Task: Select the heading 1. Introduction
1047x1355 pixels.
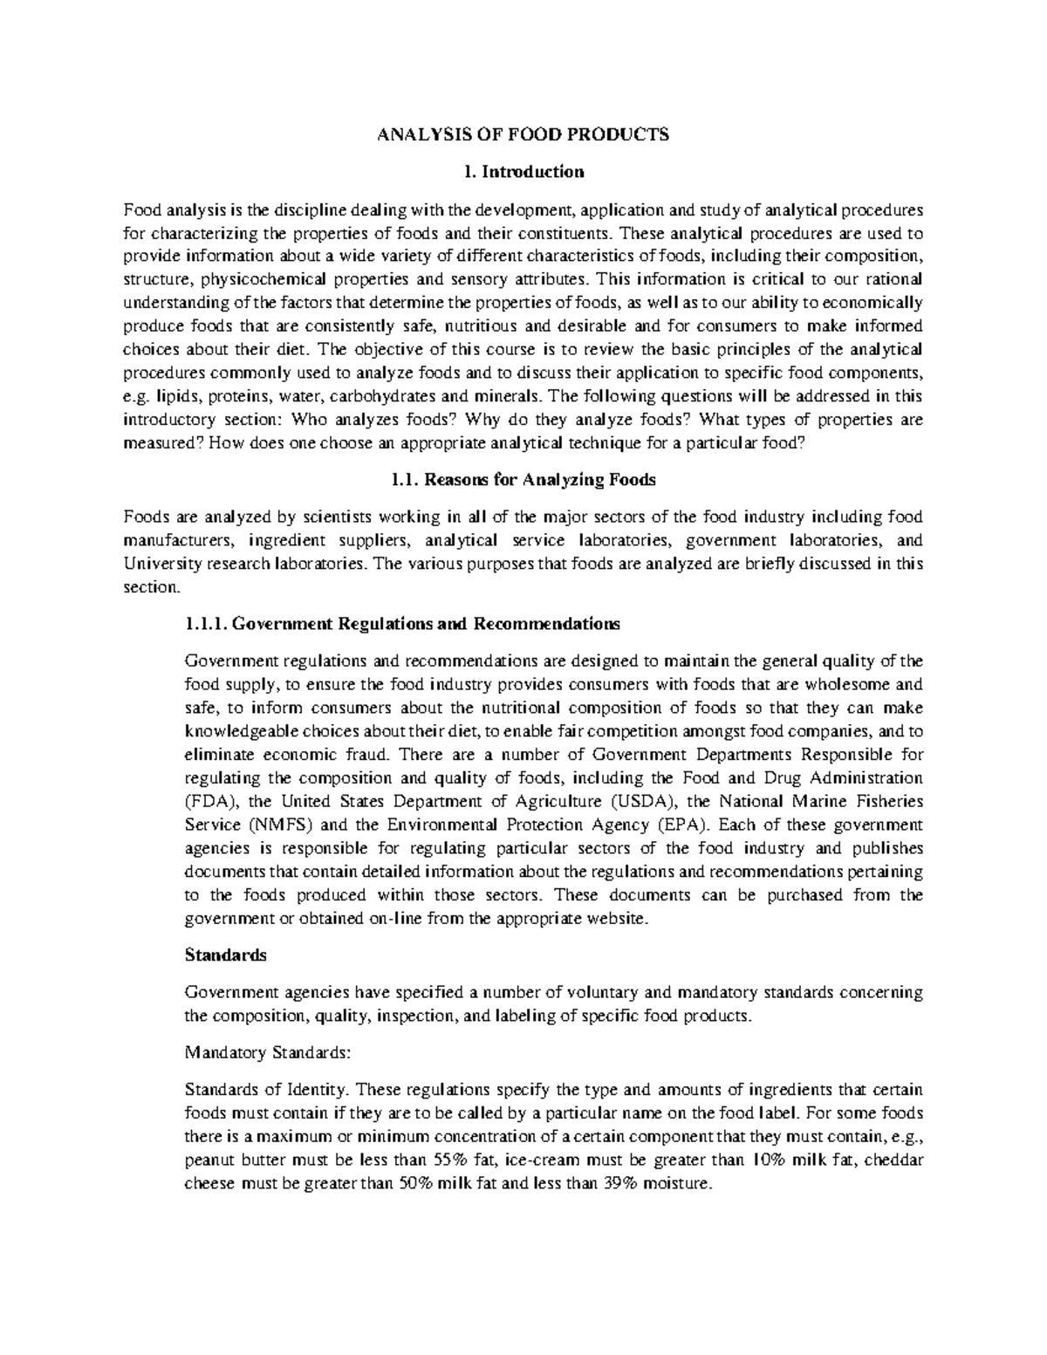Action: tap(523, 171)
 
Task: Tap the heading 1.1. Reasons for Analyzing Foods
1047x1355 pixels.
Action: tap(522, 480)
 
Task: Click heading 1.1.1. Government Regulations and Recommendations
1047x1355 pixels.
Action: tap(403, 624)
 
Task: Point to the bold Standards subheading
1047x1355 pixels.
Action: tap(226, 955)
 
